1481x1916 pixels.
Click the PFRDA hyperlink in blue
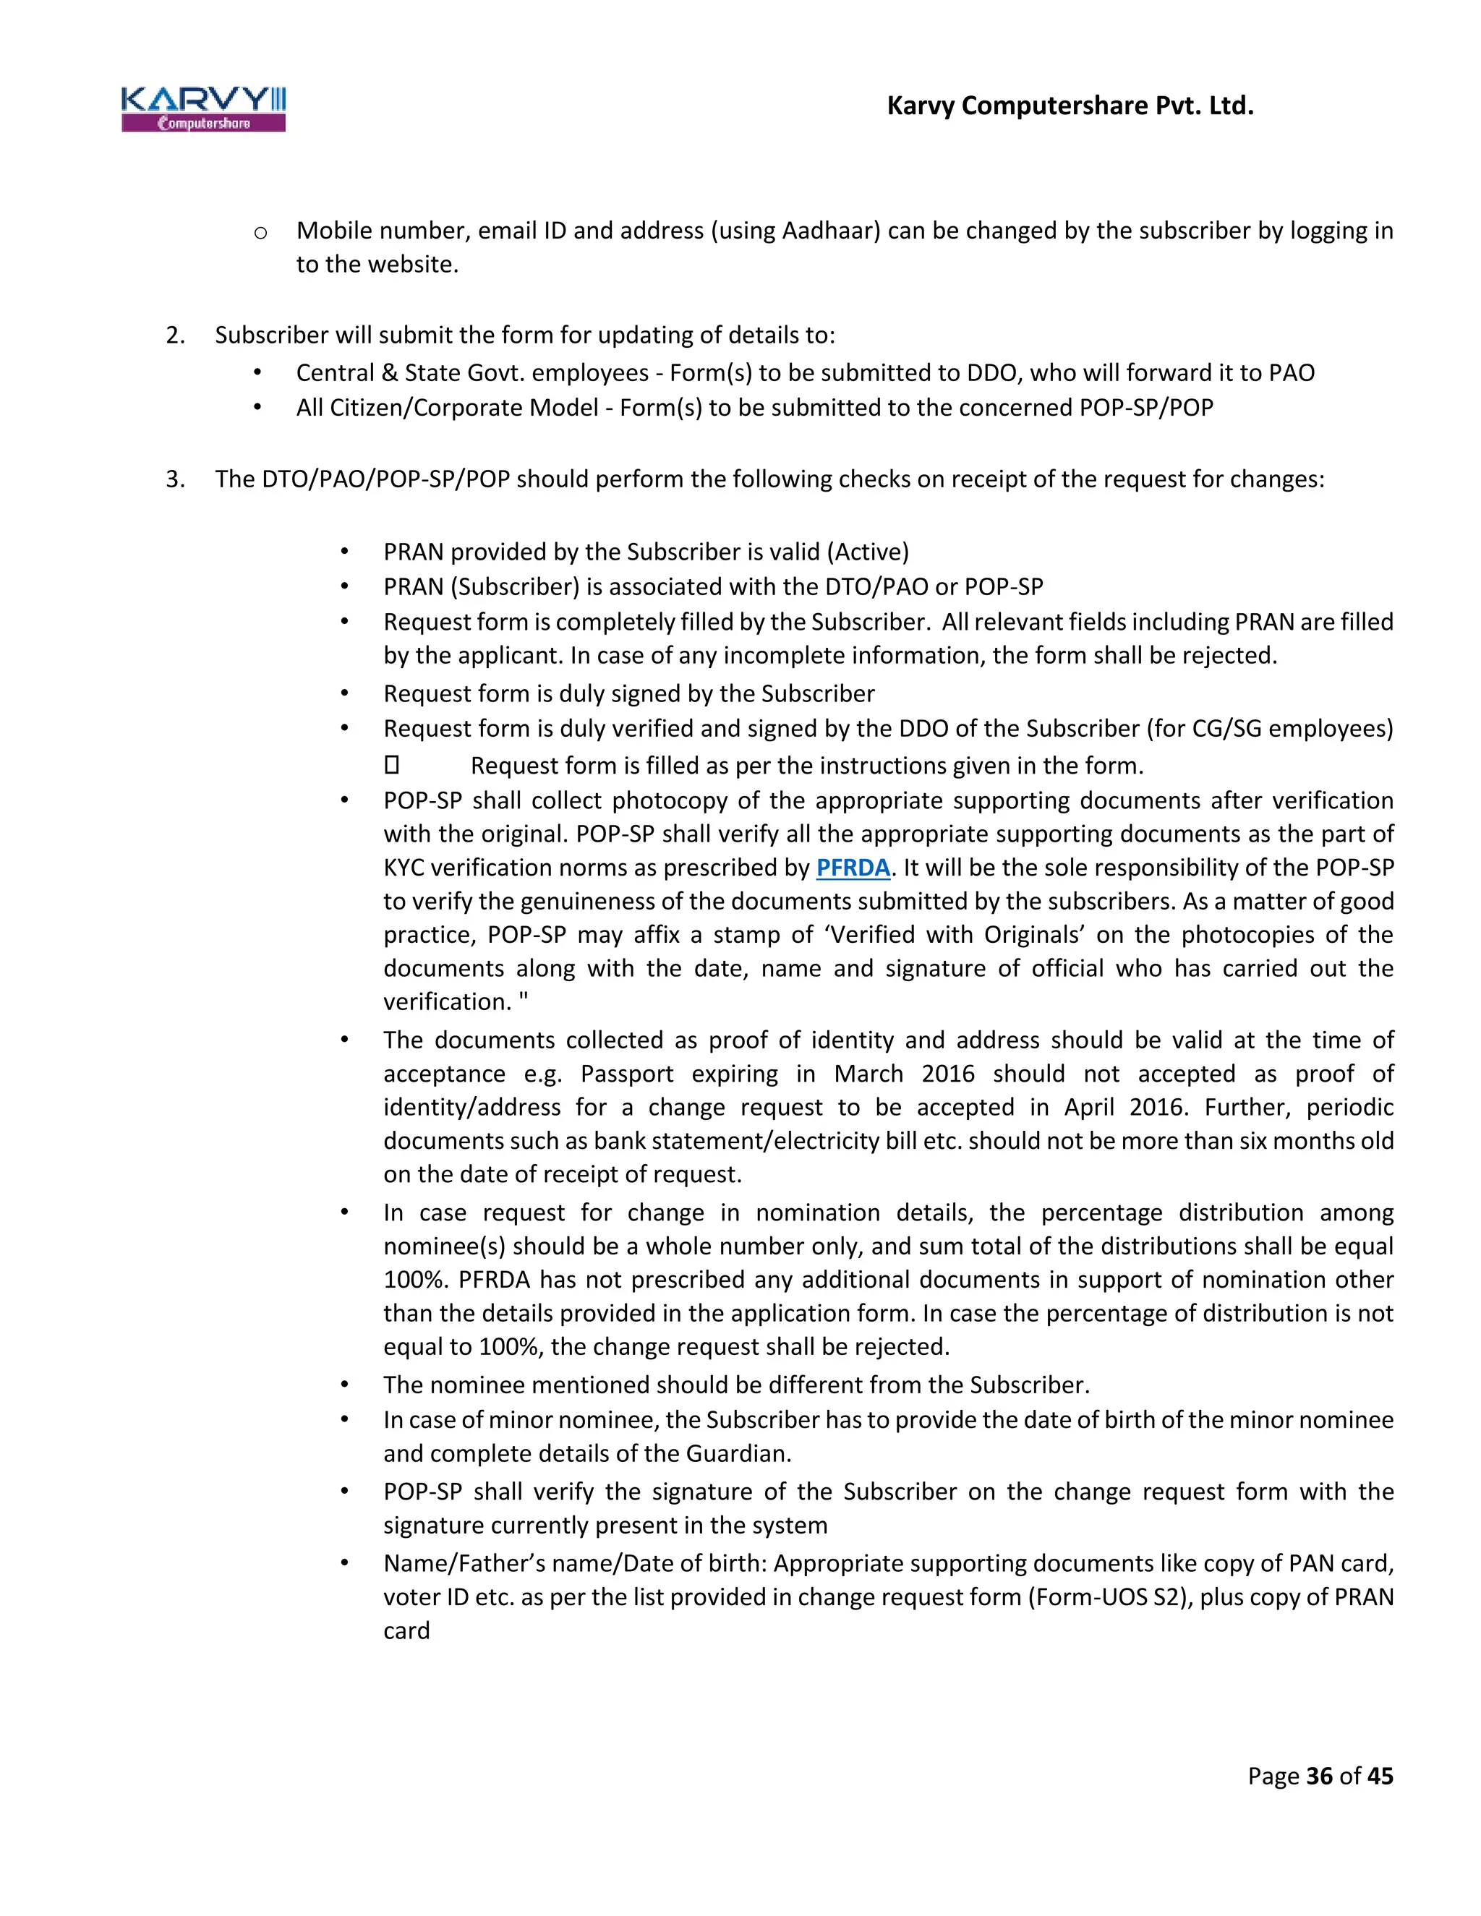point(852,868)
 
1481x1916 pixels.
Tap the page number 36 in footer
point(1319,1776)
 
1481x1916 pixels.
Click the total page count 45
point(1380,1776)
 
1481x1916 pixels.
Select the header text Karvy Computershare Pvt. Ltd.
point(1070,106)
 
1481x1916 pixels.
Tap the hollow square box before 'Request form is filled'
point(391,765)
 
